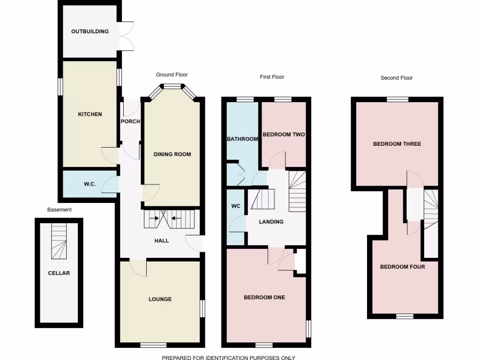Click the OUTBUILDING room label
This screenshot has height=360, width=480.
pos(90,31)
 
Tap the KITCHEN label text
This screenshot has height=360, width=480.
pos(90,114)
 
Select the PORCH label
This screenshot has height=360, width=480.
pos(130,121)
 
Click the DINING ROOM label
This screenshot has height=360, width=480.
pos(172,154)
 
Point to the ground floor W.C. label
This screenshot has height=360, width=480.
pos(90,184)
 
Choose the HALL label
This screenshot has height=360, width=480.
pos(162,241)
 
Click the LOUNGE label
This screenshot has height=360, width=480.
pos(160,299)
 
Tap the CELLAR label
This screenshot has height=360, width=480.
pos(59,273)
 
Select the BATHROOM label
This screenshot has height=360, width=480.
pos(242,139)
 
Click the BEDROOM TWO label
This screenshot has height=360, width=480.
pos(284,135)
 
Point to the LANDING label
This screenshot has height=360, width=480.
pos(271,222)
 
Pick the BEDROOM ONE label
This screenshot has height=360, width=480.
pos(264,297)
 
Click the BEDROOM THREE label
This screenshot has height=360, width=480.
pos(397,144)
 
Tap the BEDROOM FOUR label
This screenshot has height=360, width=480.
pos(403,267)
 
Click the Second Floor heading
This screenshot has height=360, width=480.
pos(397,78)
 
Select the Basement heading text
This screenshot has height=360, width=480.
pos(60,210)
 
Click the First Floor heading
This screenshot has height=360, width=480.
pos(272,77)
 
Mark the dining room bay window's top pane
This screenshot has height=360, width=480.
pos(172,86)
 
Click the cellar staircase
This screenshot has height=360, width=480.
pos(59,241)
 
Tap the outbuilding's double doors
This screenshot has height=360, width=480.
pos(127,36)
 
